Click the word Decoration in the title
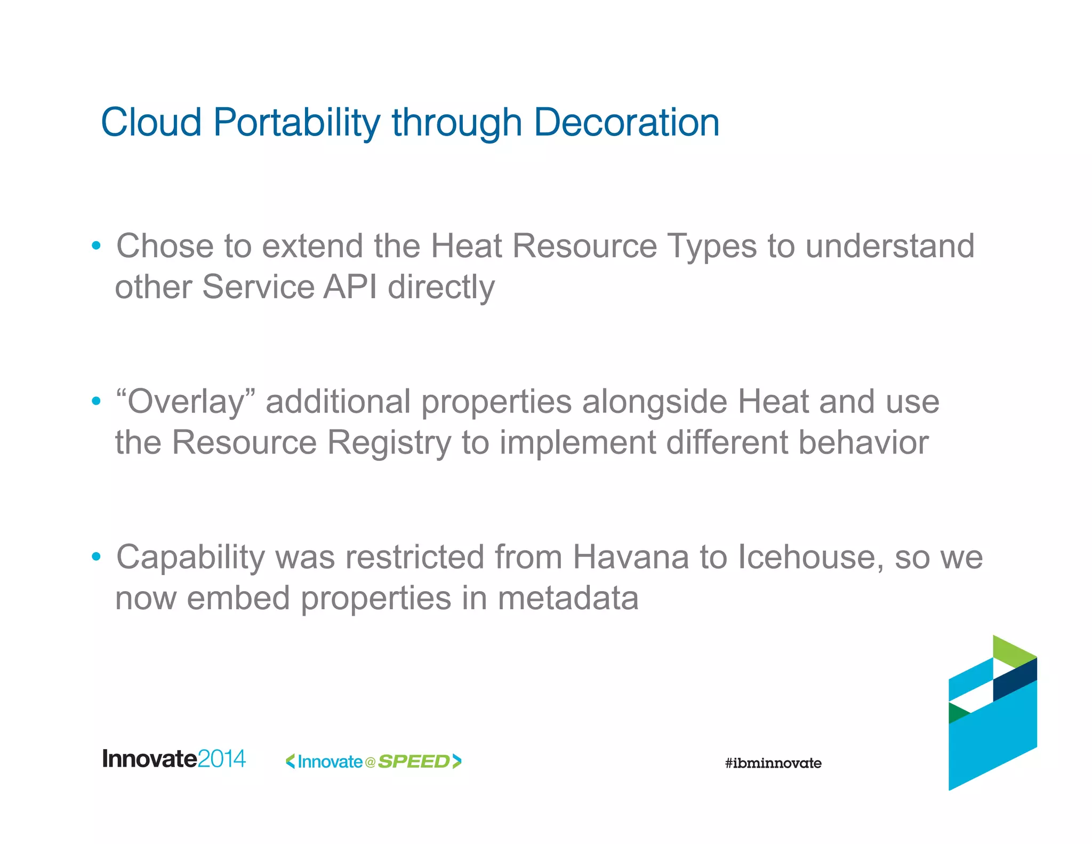[626, 122]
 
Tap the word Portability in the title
[296, 123]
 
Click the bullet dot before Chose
[96, 246]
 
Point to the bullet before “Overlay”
[96, 401]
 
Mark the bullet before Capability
[96, 557]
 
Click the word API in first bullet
[350, 287]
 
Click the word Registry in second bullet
[389, 443]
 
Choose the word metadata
[568, 598]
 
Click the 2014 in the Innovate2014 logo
[221, 759]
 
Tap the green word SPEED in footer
[414, 761]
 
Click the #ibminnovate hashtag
[773, 763]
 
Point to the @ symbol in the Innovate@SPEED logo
[370, 762]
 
